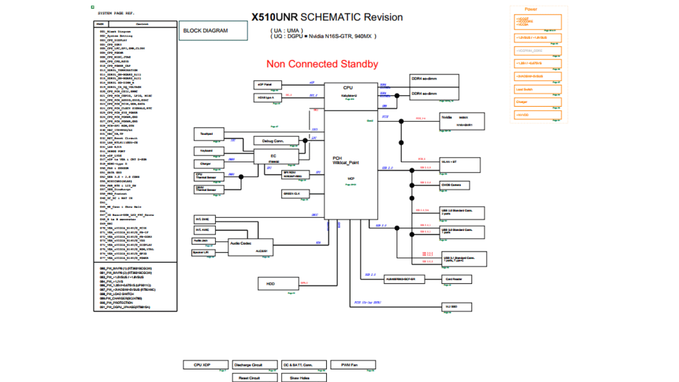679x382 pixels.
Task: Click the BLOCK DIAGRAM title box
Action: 213,31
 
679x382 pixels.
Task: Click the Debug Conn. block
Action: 273,141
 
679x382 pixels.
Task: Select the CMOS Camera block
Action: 455,185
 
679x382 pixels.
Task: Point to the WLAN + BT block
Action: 455,162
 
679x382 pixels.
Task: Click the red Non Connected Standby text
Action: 322,64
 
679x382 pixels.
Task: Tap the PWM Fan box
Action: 353,364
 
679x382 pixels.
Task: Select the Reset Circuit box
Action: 255,378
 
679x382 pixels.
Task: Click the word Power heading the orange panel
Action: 531,10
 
